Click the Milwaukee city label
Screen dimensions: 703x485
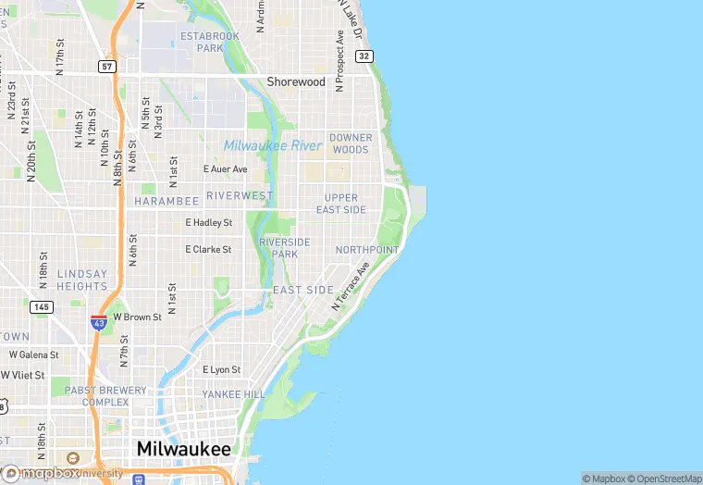183,448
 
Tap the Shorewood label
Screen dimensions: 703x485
296,81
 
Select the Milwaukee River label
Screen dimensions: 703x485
273,145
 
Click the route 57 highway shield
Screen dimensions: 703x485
108,67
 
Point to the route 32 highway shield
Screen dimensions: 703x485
364,56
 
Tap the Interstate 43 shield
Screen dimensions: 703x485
99,322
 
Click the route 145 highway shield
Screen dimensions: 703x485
41,306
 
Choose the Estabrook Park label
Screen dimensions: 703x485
210,42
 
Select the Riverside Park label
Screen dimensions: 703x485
285,247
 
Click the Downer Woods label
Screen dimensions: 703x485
351,143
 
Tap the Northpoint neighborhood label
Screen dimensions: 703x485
367,250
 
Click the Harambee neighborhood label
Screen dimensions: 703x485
166,201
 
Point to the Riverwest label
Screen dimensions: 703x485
240,195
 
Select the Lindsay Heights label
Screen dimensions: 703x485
82,280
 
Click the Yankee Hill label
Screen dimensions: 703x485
234,394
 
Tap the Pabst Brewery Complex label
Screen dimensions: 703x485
105,396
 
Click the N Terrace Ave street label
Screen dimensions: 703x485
351,284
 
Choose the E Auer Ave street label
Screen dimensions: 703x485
226,169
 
